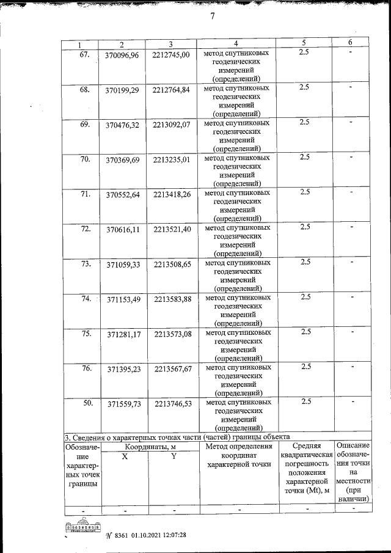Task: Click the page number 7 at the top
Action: point(212,16)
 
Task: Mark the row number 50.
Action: point(87,403)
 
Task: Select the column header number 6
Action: point(350,42)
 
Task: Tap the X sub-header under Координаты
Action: point(125,457)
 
